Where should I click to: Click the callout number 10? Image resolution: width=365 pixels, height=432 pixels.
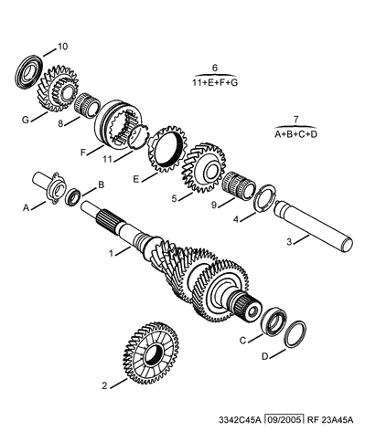[62, 47]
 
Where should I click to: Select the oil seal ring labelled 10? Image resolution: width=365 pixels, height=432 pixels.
[29, 72]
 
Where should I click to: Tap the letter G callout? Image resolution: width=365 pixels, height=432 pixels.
[26, 120]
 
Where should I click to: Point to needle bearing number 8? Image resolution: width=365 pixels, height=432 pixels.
[88, 105]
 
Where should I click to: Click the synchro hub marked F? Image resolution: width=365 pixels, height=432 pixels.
[117, 125]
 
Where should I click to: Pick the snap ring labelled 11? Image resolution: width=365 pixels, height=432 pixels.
[139, 136]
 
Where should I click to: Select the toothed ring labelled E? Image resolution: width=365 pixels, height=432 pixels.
[166, 148]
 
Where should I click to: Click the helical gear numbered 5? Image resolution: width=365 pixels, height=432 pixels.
[204, 168]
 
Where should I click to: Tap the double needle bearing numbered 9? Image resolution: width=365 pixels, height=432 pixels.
[240, 185]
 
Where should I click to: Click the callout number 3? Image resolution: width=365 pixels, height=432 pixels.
[289, 242]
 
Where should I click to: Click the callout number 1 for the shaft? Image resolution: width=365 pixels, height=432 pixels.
[112, 253]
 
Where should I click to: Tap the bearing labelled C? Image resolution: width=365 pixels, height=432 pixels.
[274, 322]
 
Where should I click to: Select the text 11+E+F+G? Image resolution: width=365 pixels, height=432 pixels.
[215, 82]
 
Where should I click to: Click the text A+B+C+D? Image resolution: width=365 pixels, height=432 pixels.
[295, 134]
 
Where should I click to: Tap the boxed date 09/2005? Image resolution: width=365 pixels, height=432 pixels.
[284, 420]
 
